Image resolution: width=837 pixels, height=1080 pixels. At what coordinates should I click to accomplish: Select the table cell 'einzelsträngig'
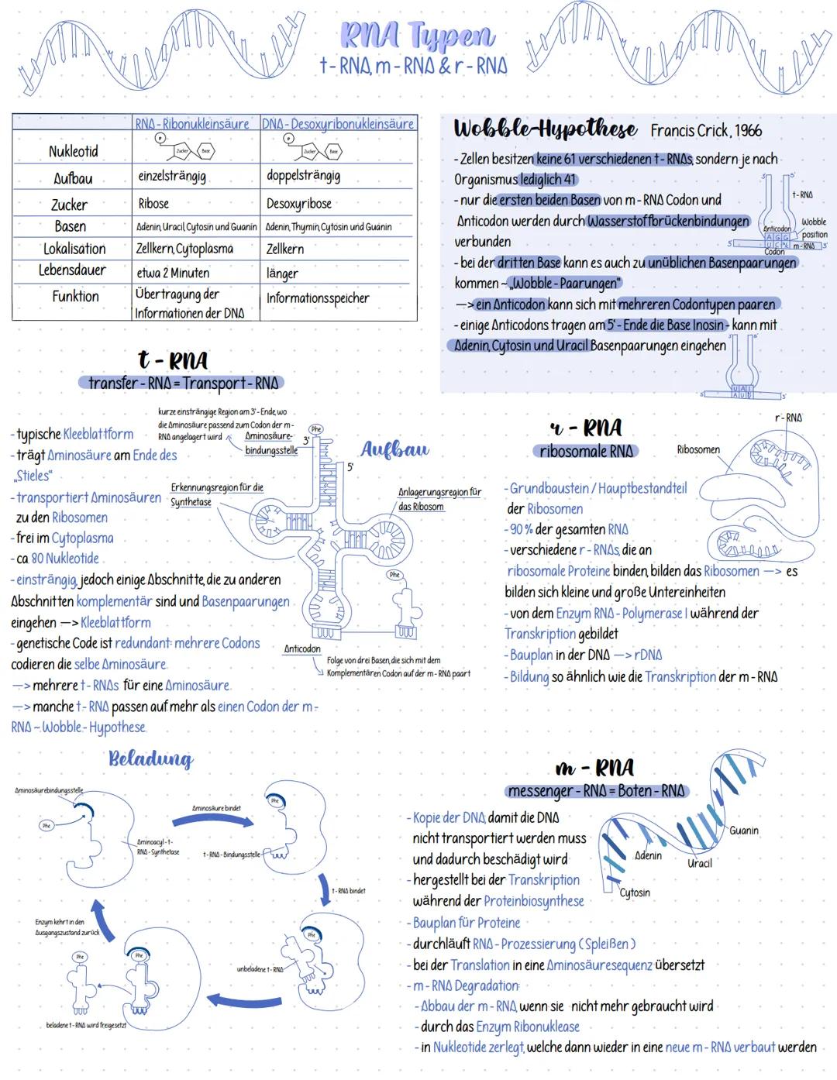coord(172,177)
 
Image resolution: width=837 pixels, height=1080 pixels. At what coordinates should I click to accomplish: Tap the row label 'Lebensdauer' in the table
coord(73,270)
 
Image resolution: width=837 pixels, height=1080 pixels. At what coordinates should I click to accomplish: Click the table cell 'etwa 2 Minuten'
coord(173,273)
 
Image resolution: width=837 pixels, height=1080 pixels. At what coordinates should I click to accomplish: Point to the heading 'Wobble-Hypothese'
coord(545,129)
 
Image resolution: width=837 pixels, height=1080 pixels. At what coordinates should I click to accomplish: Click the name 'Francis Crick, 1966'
coord(706,131)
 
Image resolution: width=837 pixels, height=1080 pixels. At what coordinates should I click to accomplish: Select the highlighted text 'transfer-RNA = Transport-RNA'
coord(182,383)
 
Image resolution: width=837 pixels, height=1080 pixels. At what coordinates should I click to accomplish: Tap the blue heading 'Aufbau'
coord(394,449)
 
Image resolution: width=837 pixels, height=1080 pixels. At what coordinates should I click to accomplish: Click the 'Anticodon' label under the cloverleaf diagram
coord(302,649)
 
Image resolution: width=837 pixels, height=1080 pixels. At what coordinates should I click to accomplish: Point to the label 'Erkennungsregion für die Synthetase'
coord(216,494)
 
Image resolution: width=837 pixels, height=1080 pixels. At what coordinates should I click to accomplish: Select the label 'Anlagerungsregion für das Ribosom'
coord(439,499)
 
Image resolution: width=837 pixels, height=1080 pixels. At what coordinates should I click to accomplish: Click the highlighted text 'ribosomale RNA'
coord(586,451)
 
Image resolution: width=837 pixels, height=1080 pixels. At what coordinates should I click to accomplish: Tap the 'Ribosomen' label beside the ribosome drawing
coord(697,449)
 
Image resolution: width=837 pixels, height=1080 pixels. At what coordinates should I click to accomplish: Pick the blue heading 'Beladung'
coord(150,758)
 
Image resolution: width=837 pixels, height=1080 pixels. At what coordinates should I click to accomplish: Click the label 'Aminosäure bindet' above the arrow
coord(216,808)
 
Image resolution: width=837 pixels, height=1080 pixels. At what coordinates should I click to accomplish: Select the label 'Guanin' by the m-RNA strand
coord(743,831)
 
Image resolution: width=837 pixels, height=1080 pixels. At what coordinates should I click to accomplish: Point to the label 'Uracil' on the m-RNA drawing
coord(699,863)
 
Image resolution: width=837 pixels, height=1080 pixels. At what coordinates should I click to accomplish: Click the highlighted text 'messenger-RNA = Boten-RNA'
coord(596,791)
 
